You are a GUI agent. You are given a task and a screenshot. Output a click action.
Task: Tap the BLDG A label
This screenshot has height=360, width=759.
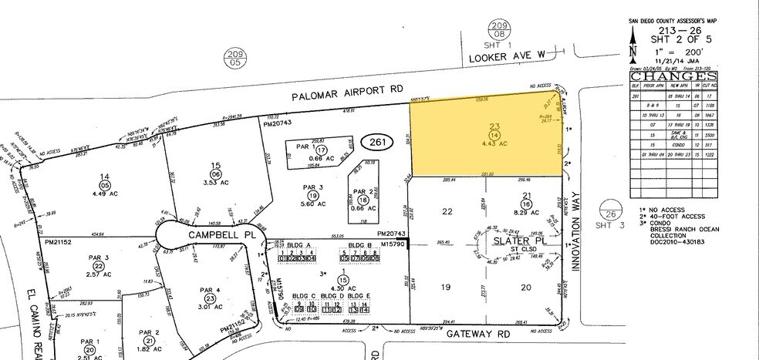pyautogui.click(x=297, y=244)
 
